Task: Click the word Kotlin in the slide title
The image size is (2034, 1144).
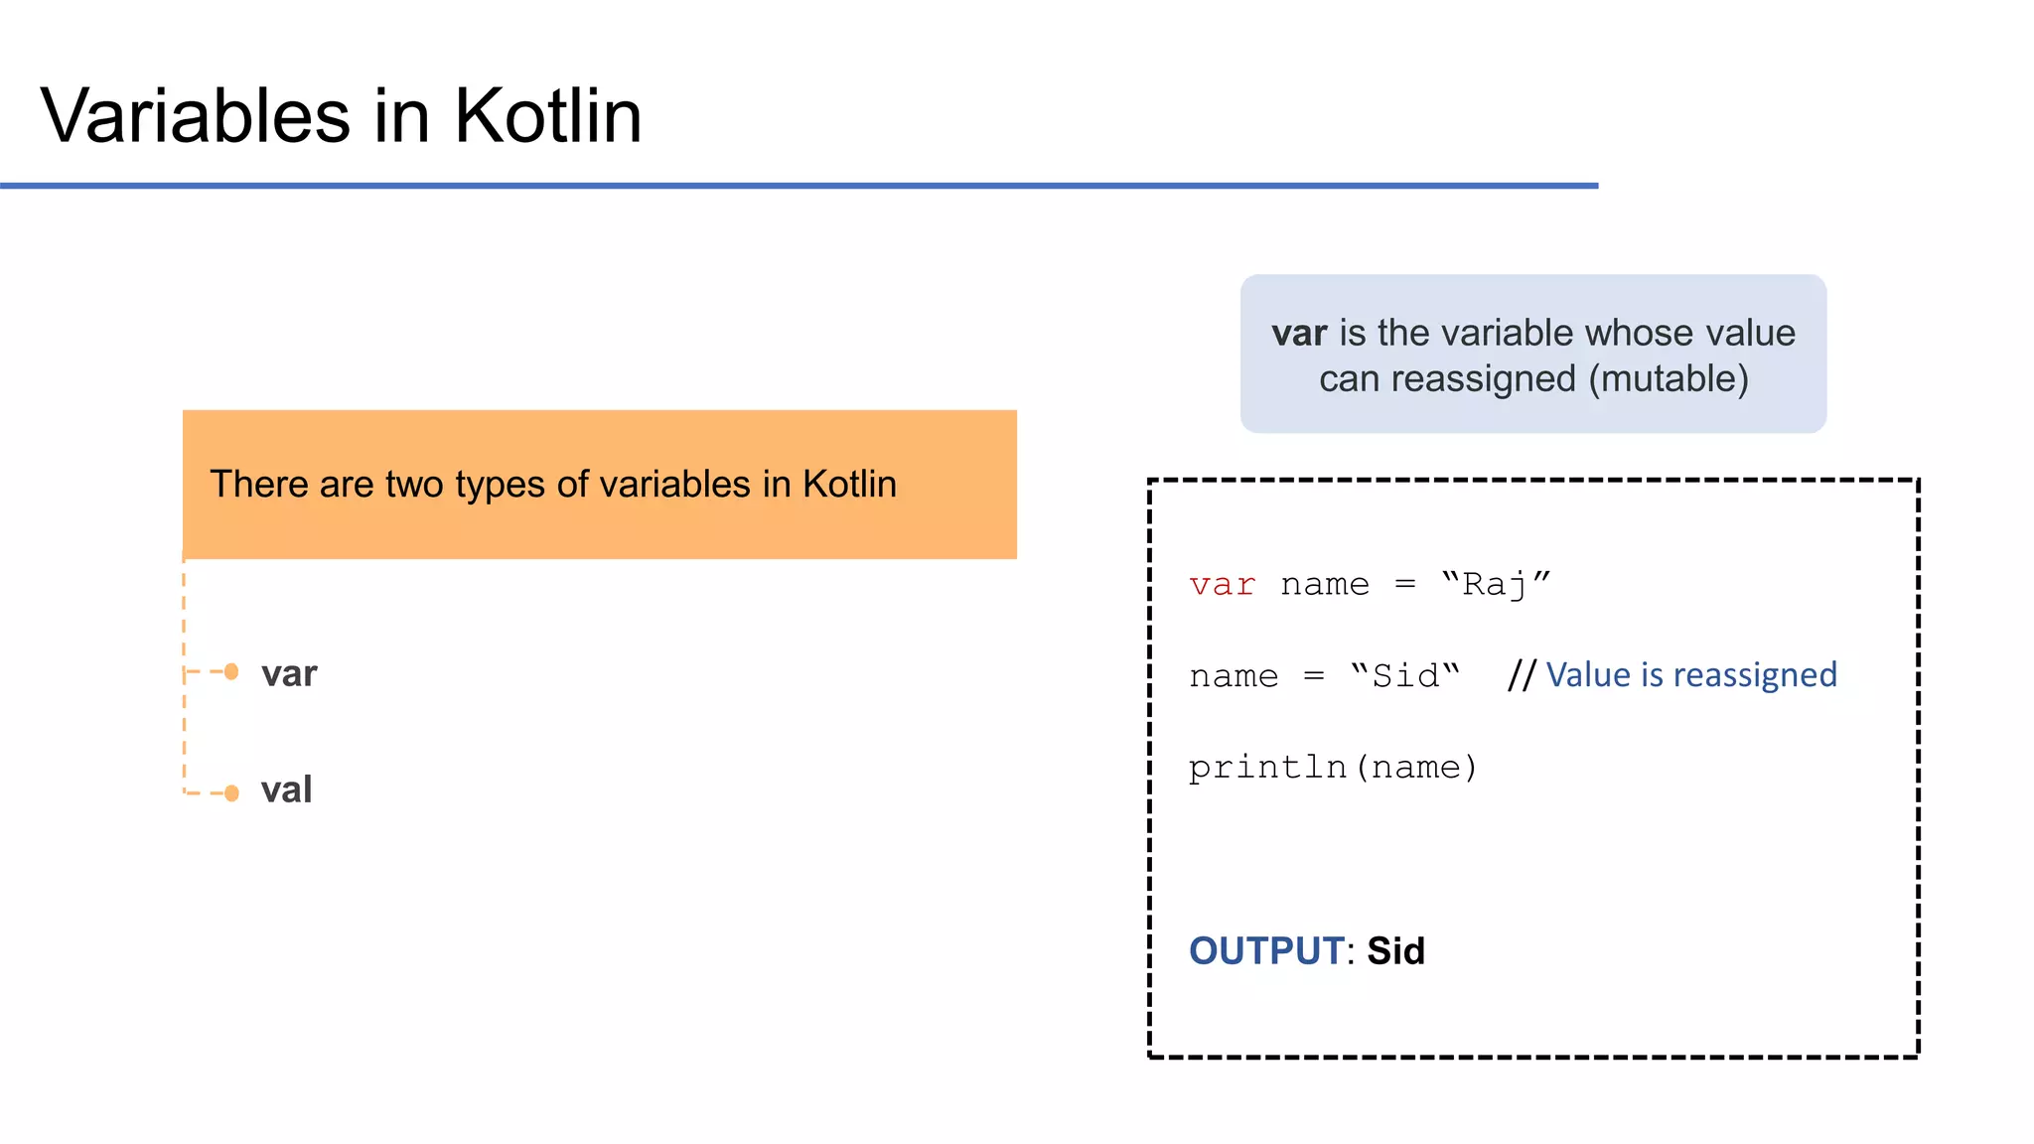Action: click(548, 116)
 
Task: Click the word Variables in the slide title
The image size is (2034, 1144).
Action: click(196, 116)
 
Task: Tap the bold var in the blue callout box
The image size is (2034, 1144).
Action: click(1299, 334)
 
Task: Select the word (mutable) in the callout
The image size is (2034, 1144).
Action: click(1669, 379)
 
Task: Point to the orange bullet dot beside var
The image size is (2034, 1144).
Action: click(231, 672)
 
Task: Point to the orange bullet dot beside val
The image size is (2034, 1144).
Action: click(231, 792)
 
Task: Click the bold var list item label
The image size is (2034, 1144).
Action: click(289, 674)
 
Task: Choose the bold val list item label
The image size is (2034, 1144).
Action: click(286, 790)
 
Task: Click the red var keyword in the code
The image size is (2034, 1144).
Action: click(1222, 585)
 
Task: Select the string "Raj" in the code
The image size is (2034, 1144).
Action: click(1495, 585)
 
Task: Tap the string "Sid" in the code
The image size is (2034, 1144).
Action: click(1404, 676)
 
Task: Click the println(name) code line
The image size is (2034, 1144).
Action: click(1333, 768)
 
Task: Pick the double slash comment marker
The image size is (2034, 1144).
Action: click(1521, 675)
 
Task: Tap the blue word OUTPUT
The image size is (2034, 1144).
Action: click(1266, 951)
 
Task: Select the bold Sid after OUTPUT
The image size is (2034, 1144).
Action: click(1395, 951)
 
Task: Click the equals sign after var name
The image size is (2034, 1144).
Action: click(1404, 585)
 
